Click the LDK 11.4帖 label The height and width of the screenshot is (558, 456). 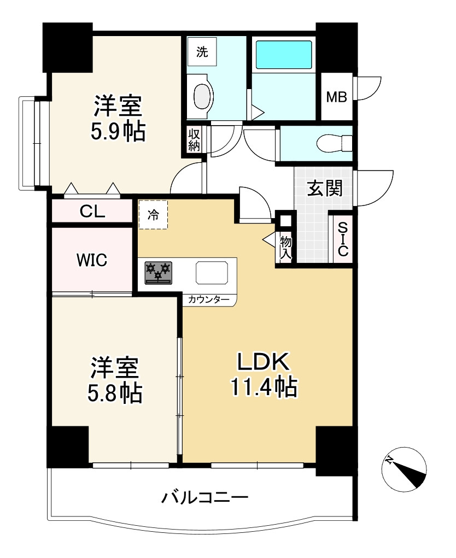(264, 374)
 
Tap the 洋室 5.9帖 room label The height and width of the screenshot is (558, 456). (118, 118)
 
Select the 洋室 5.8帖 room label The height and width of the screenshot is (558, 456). (115, 380)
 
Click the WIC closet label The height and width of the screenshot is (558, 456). (92, 260)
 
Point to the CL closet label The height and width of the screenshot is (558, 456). (92, 212)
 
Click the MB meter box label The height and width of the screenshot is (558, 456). (336, 96)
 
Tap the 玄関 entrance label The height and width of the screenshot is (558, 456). (325, 188)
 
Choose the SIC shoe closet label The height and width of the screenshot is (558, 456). (343, 239)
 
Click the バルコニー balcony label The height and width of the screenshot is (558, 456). (204, 497)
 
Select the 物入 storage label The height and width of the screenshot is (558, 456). (286, 248)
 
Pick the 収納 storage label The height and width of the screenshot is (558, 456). (194, 140)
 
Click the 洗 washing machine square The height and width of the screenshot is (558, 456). (202, 52)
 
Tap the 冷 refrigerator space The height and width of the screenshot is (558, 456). (153, 215)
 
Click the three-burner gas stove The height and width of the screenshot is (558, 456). (159, 273)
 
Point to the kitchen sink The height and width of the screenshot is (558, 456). (212, 273)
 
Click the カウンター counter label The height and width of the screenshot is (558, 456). (209, 299)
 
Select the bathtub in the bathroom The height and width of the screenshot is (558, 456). (284, 55)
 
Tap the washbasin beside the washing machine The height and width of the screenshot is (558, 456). (202, 96)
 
